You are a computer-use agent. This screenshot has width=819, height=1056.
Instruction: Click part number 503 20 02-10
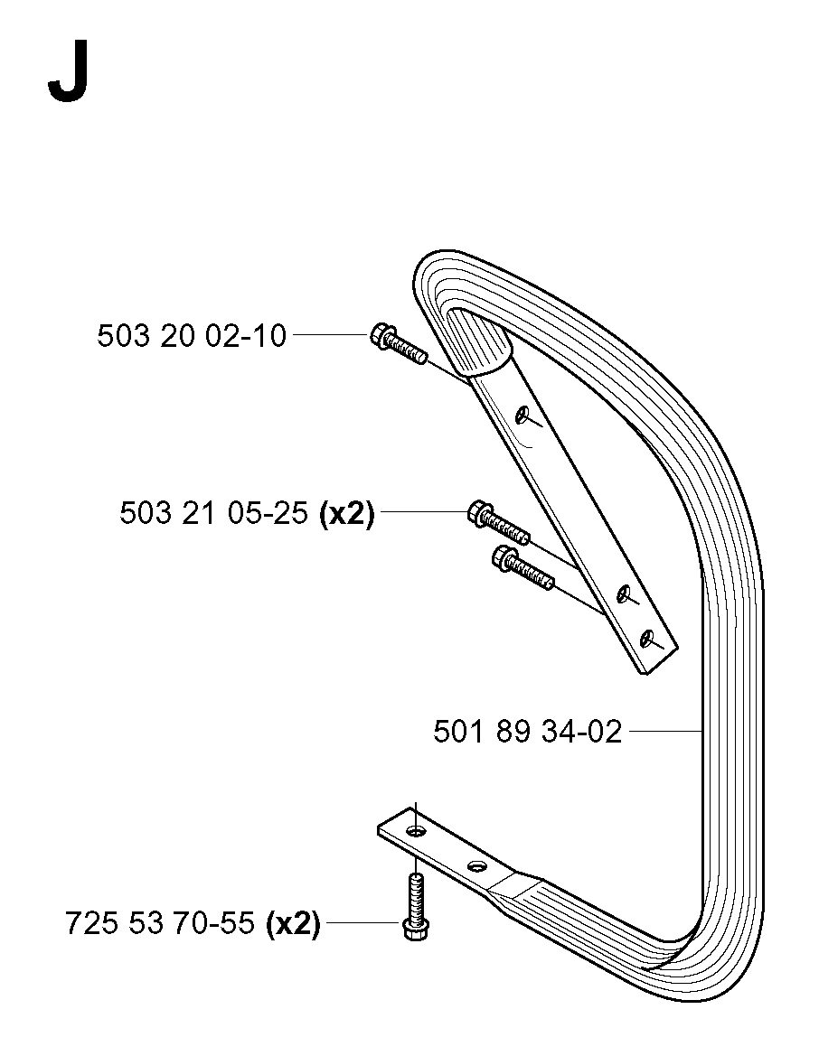point(193,335)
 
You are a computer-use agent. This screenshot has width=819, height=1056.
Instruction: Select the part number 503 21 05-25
point(214,513)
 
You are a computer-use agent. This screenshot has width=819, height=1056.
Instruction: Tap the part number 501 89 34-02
point(527,731)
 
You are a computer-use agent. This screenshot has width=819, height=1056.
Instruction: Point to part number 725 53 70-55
point(160,922)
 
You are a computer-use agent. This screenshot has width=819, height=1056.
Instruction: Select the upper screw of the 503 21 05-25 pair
point(498,524)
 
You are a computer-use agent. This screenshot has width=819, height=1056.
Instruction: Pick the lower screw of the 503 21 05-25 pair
point(523,567)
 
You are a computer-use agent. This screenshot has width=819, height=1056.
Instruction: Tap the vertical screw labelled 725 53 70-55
point(416,905)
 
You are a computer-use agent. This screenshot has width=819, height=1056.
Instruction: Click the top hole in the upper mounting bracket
point(522,415)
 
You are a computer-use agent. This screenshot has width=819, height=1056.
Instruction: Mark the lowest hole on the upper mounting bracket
point(648,637)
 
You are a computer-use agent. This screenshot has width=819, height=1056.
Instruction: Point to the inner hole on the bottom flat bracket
point(477,865)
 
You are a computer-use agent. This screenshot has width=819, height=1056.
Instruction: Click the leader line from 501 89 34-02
point(664,731)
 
